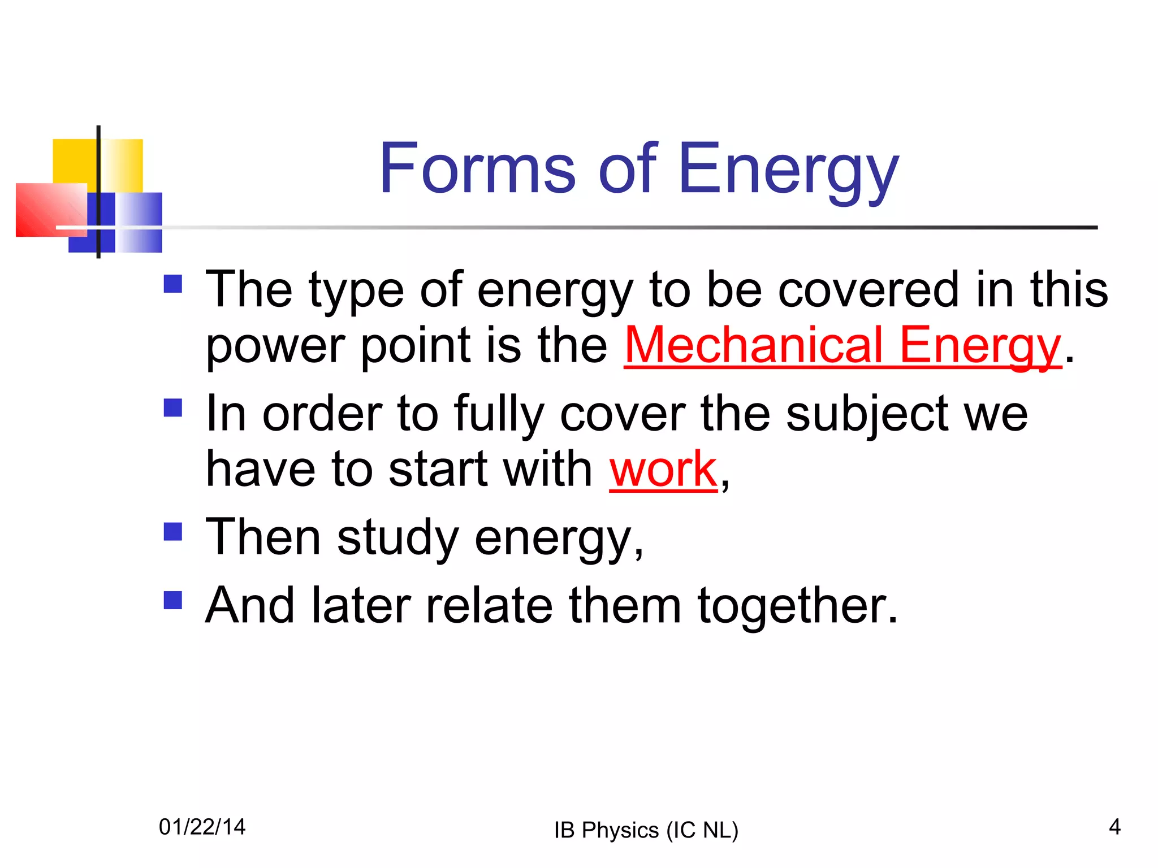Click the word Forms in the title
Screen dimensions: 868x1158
coord(478,168)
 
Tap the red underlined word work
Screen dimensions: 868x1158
coord(663,469)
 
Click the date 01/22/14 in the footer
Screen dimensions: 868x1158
coord(202,827)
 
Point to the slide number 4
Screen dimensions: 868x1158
coord(1114,827)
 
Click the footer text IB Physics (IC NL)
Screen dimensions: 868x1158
coord(646,830)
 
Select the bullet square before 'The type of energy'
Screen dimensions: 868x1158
coord(172,284)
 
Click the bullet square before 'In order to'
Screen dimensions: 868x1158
coord(172,407)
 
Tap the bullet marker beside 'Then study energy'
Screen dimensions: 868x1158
coord(172,531)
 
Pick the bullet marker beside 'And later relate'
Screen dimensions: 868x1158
coord(172,600)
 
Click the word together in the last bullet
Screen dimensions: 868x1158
coord(797,606)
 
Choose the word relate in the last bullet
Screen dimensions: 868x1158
coord(489,605)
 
